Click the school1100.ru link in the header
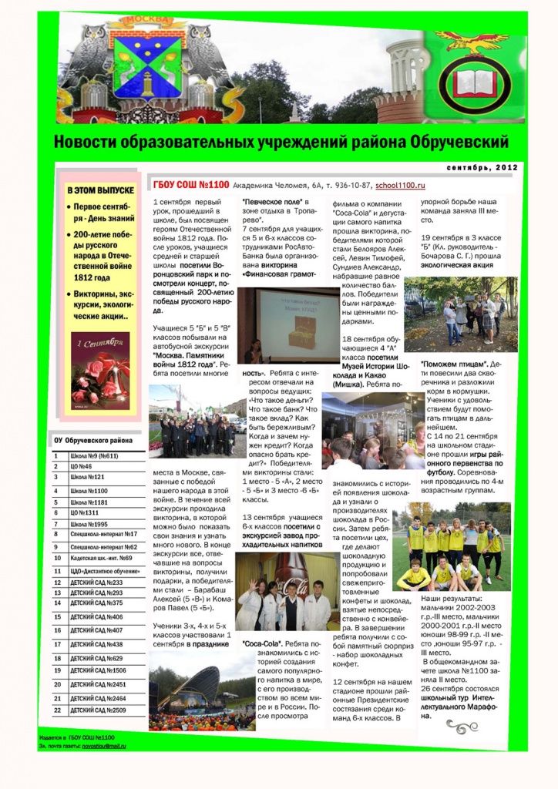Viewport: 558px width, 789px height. pos(401,186)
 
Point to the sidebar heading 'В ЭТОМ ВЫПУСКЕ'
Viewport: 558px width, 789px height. pos(100,190)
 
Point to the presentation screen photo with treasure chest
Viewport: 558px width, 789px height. pos(287,324)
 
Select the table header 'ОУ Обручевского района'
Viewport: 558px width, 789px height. pos(92,441)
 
